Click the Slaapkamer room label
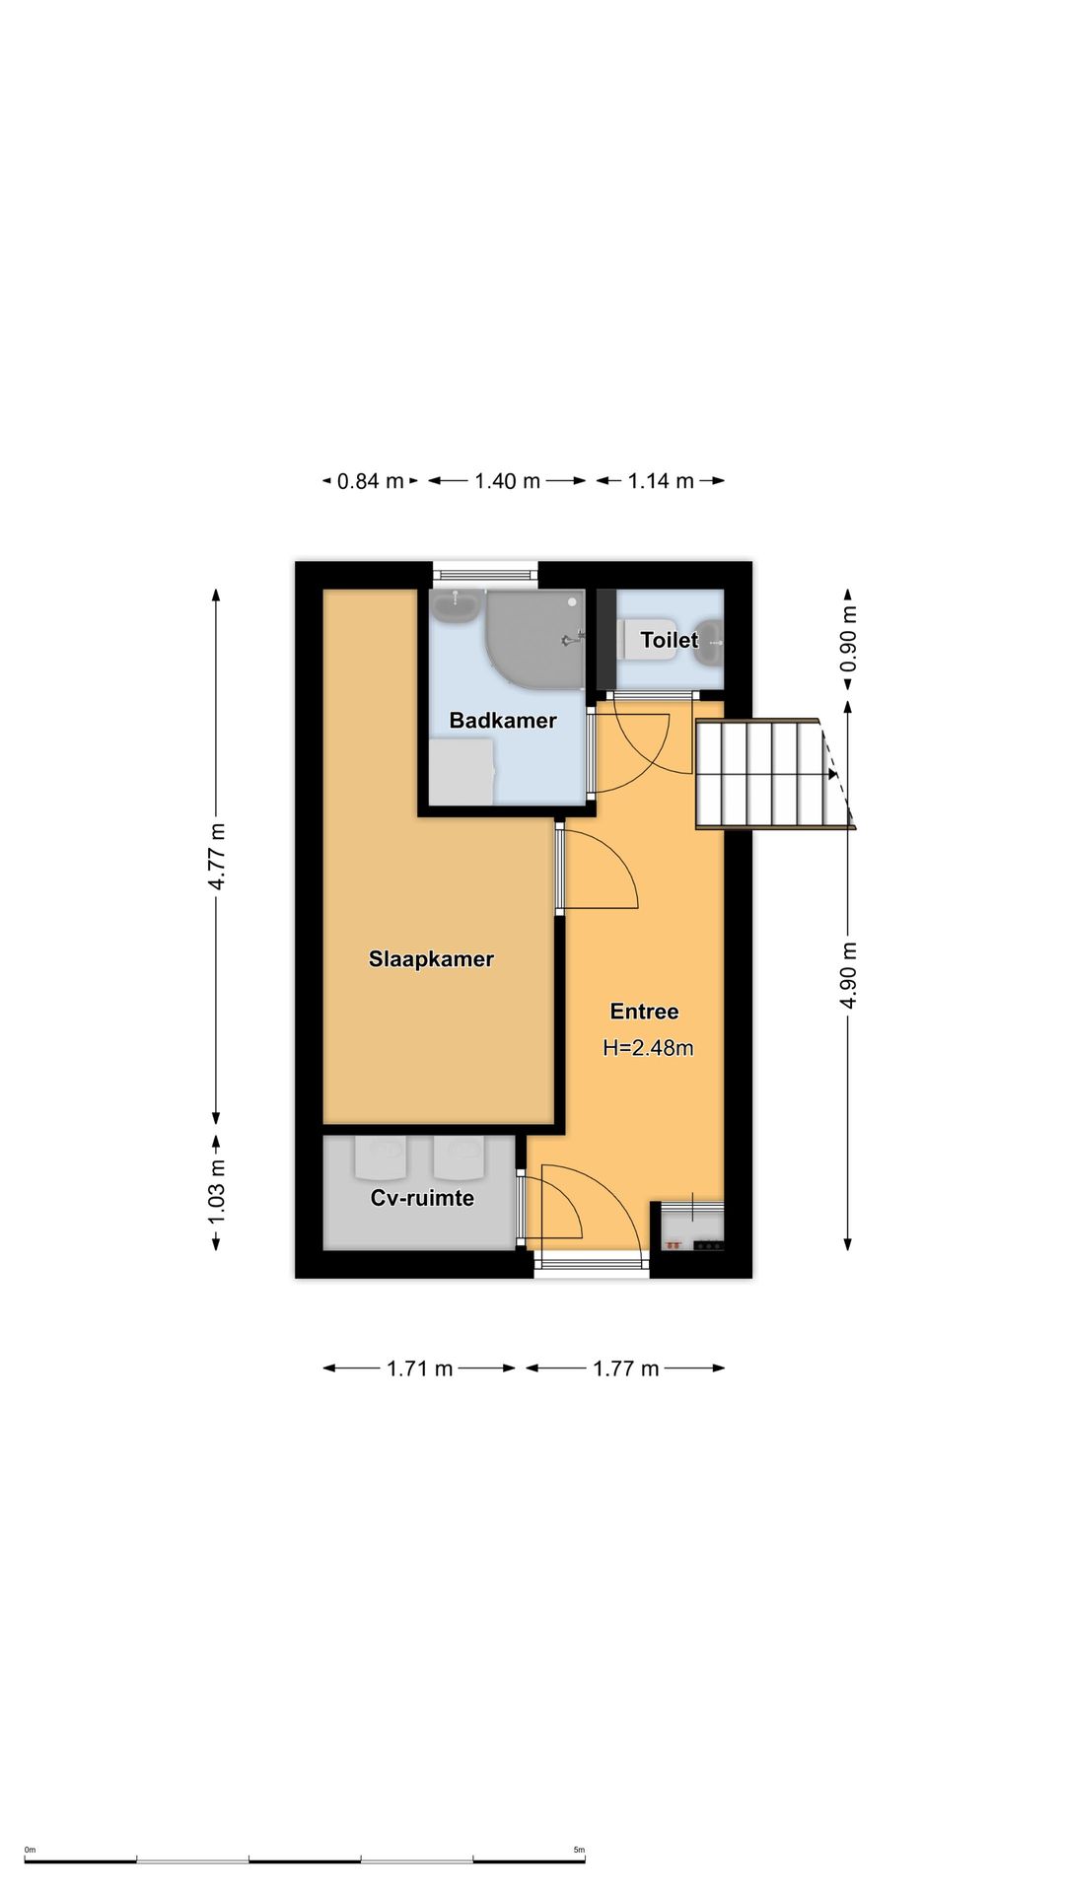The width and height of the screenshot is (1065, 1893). pos(431,959)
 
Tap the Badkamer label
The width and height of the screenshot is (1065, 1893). pos(503,721)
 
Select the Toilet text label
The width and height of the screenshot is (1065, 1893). pos(670,640)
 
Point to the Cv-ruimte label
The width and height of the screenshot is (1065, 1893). pos(422,1198)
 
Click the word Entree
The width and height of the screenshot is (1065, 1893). pos(644,1012)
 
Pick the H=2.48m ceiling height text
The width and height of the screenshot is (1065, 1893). pos(648,1048)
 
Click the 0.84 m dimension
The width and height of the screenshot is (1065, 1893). pos(371,481)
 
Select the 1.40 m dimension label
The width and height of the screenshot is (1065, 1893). pos(507,481)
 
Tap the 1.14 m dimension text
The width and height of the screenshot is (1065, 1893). pos(661,481)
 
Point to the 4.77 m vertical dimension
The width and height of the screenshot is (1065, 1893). pos(217,856)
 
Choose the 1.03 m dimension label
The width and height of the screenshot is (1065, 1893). pos(217,1192)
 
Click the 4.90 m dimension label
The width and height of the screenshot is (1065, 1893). pos(848,975)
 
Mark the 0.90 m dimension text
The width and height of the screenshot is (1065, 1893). pos(848,639)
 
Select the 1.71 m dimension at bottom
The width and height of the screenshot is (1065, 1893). pos(419,1368)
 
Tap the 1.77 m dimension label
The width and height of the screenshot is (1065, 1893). pos(625,1368)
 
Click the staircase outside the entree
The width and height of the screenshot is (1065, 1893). pos(774,774)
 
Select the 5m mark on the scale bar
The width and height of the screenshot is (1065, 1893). pos(579,1851)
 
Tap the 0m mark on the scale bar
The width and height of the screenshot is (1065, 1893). pos(30,1851)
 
